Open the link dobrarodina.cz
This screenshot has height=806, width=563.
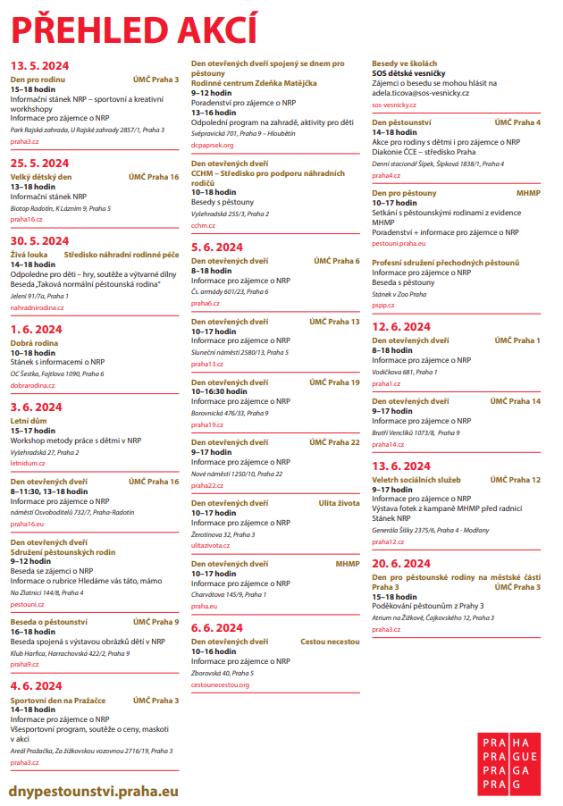tap(32, 384)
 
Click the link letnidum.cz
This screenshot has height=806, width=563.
tap(28, 464)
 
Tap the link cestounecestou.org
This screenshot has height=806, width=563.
tap(220, 684)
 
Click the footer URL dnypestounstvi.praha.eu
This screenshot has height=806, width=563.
tap(94, 791)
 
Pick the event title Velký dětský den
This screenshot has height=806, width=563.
tap(41, 177)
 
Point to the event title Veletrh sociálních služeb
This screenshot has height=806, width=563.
tap(416, 480)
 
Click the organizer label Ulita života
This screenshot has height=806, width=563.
tap(339, 503)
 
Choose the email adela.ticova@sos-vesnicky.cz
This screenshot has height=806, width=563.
tap(430, 91)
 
